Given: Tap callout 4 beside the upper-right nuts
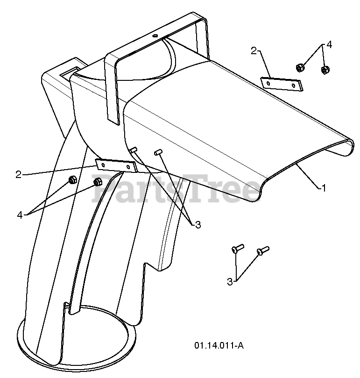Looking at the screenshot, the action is (x=329, y=45).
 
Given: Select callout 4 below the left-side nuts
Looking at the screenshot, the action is (x=20, y=215).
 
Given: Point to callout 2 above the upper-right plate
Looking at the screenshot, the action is (x=254, y=51).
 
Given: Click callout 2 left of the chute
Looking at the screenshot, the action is (x=19, y=174).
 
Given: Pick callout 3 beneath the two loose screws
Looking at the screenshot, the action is (x=230, y=282).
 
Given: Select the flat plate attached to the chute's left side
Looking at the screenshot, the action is (x=115, y=164).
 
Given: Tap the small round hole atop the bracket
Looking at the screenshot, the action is (x=155, y=36).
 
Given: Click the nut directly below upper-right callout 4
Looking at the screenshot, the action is (x=325, y=71).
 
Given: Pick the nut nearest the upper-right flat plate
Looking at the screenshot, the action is (x=300, y=67).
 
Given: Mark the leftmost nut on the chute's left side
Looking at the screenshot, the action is (x=72, y=179).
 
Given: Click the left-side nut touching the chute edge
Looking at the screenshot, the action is (x=98, y=182).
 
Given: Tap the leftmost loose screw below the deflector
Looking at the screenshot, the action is (x=236, y=249).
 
